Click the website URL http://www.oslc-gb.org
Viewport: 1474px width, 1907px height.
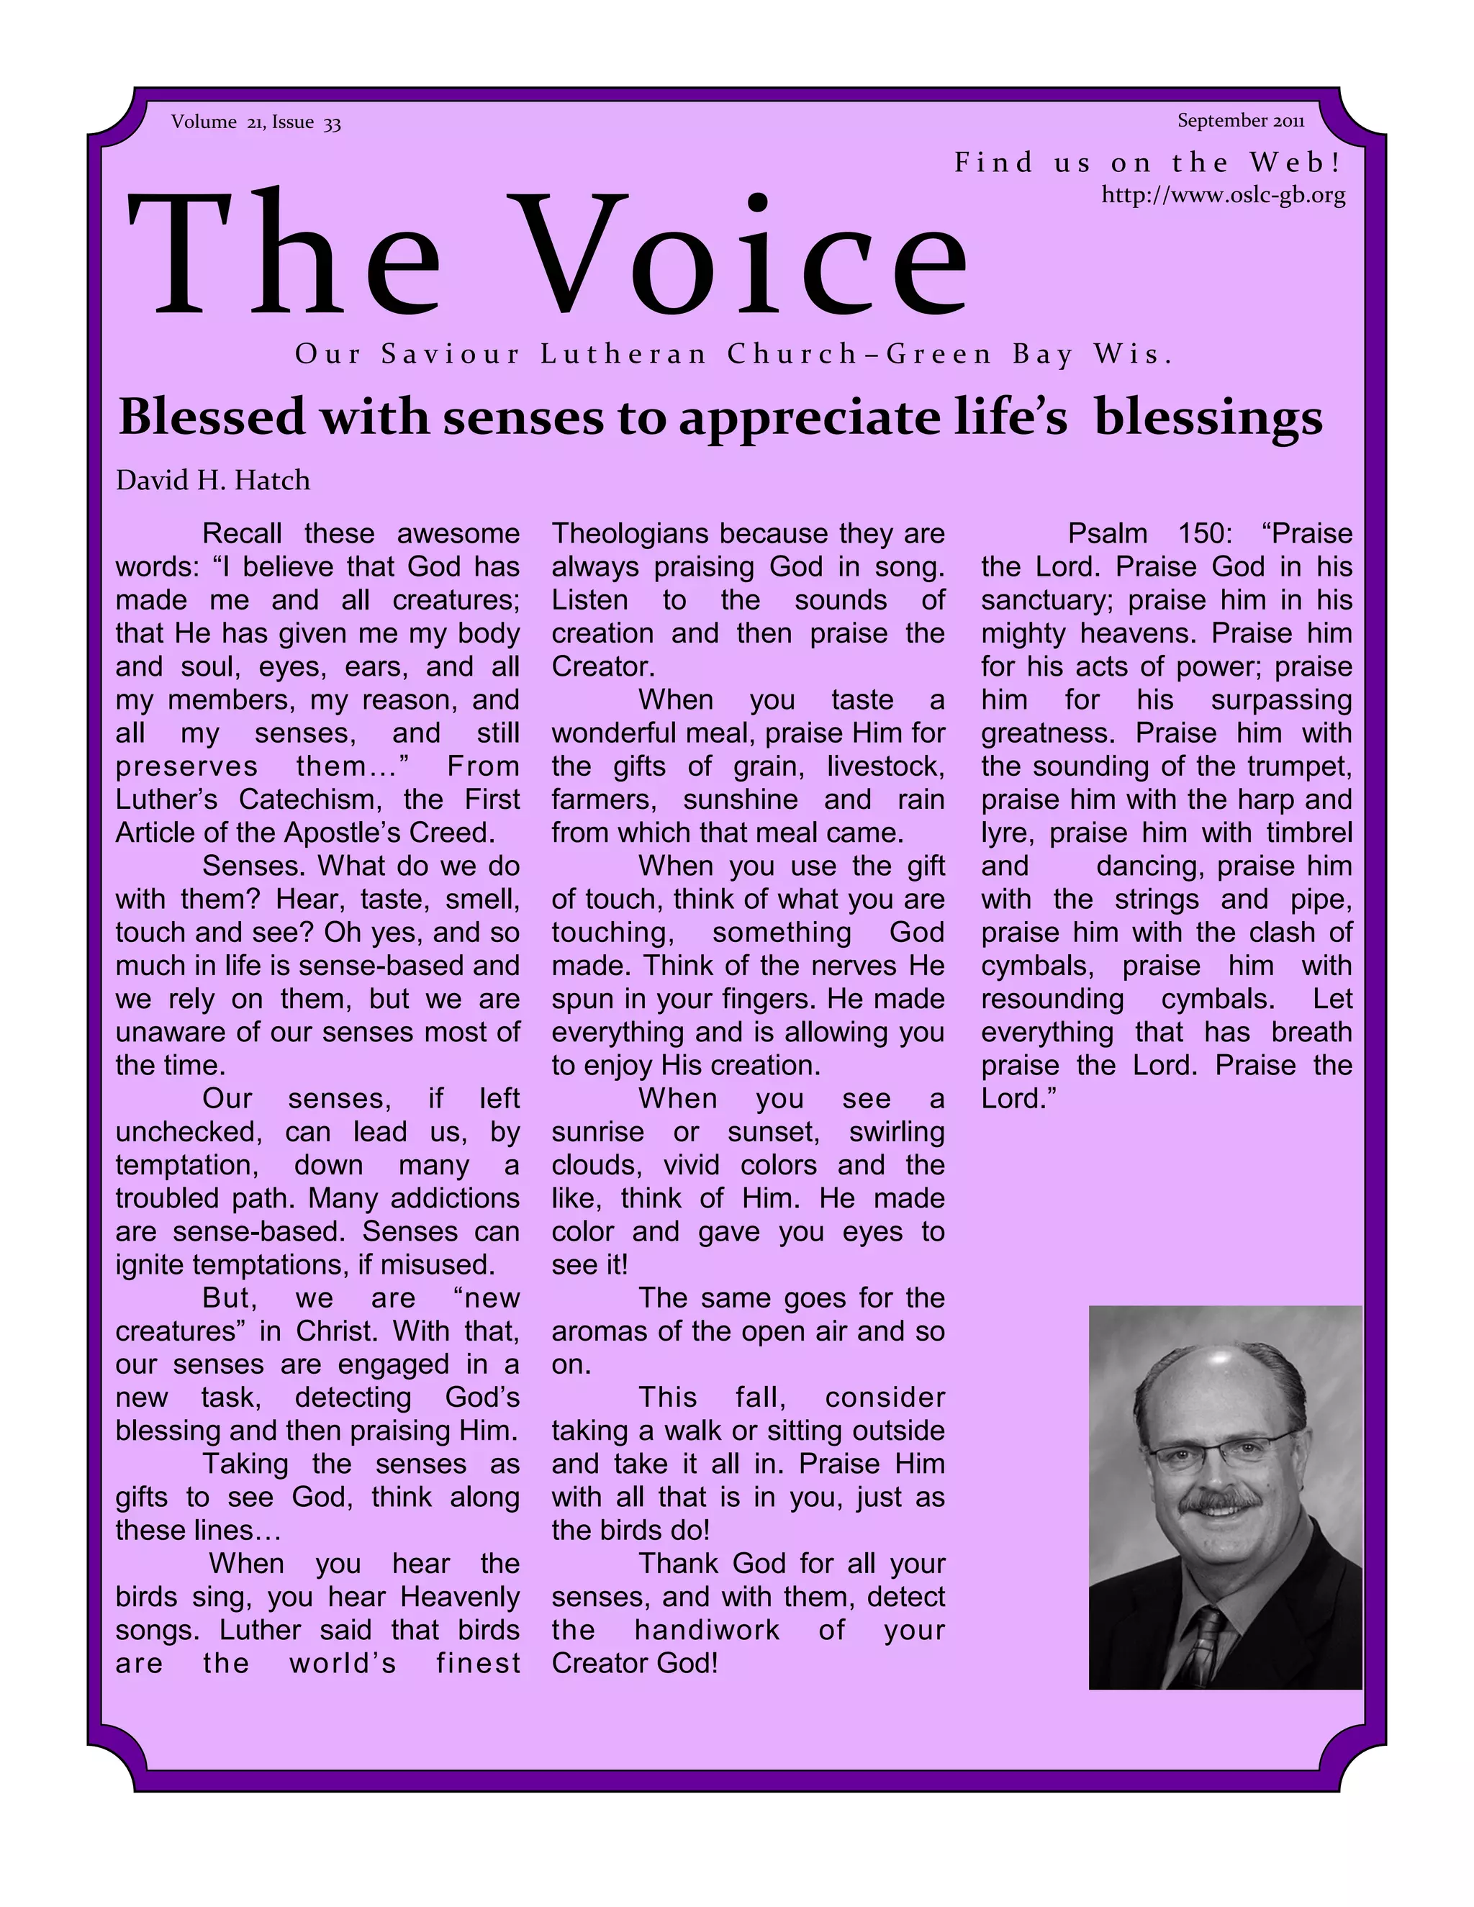1223,195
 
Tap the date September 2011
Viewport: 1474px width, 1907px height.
1240,120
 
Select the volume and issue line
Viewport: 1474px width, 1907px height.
256,122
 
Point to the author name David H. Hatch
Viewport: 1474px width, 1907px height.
213,480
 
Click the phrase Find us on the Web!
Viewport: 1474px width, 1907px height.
1147,163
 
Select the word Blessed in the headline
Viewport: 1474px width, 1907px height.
213,417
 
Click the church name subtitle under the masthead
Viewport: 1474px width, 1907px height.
733,355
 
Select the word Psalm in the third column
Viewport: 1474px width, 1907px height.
1105,533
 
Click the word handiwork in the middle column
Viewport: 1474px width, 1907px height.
707,1630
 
